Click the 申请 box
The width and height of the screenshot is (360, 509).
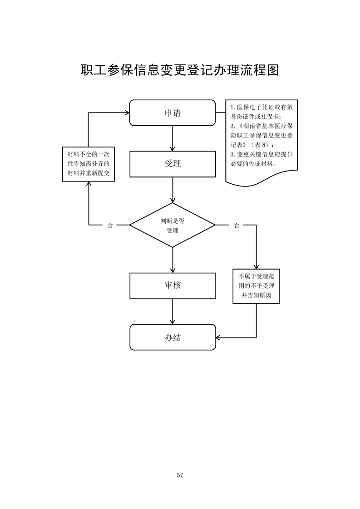coord(173,113)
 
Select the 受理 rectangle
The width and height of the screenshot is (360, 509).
coord(173,164)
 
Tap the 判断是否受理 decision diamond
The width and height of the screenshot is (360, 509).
coord(173,225)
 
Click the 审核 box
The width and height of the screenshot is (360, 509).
coord(173,286)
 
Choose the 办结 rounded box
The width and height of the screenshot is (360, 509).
coord(173,337)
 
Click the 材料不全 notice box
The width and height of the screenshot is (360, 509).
coord(88,164)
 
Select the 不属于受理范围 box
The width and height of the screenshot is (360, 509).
coord(256,286)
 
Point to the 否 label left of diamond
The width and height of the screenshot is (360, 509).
coord(110,225)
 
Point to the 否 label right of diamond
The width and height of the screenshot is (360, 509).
coord(237,225)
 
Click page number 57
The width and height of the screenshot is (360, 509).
coord(180,475)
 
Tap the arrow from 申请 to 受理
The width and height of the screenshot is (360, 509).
coord(173,138)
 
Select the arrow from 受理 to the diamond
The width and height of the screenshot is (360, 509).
coord(173,190)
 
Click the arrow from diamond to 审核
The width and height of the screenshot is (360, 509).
coord(173,260)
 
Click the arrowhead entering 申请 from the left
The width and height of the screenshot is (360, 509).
coord(127,113)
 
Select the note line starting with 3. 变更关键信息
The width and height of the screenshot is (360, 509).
coord(261,154)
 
